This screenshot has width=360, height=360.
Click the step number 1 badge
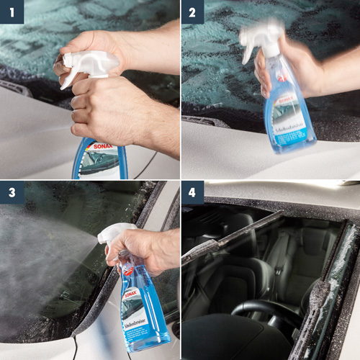point(12,12)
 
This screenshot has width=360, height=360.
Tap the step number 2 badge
point(192,12)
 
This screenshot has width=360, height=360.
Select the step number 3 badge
point(12,192)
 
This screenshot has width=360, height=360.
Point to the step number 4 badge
point(192,192)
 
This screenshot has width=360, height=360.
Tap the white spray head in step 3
point(115,234)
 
